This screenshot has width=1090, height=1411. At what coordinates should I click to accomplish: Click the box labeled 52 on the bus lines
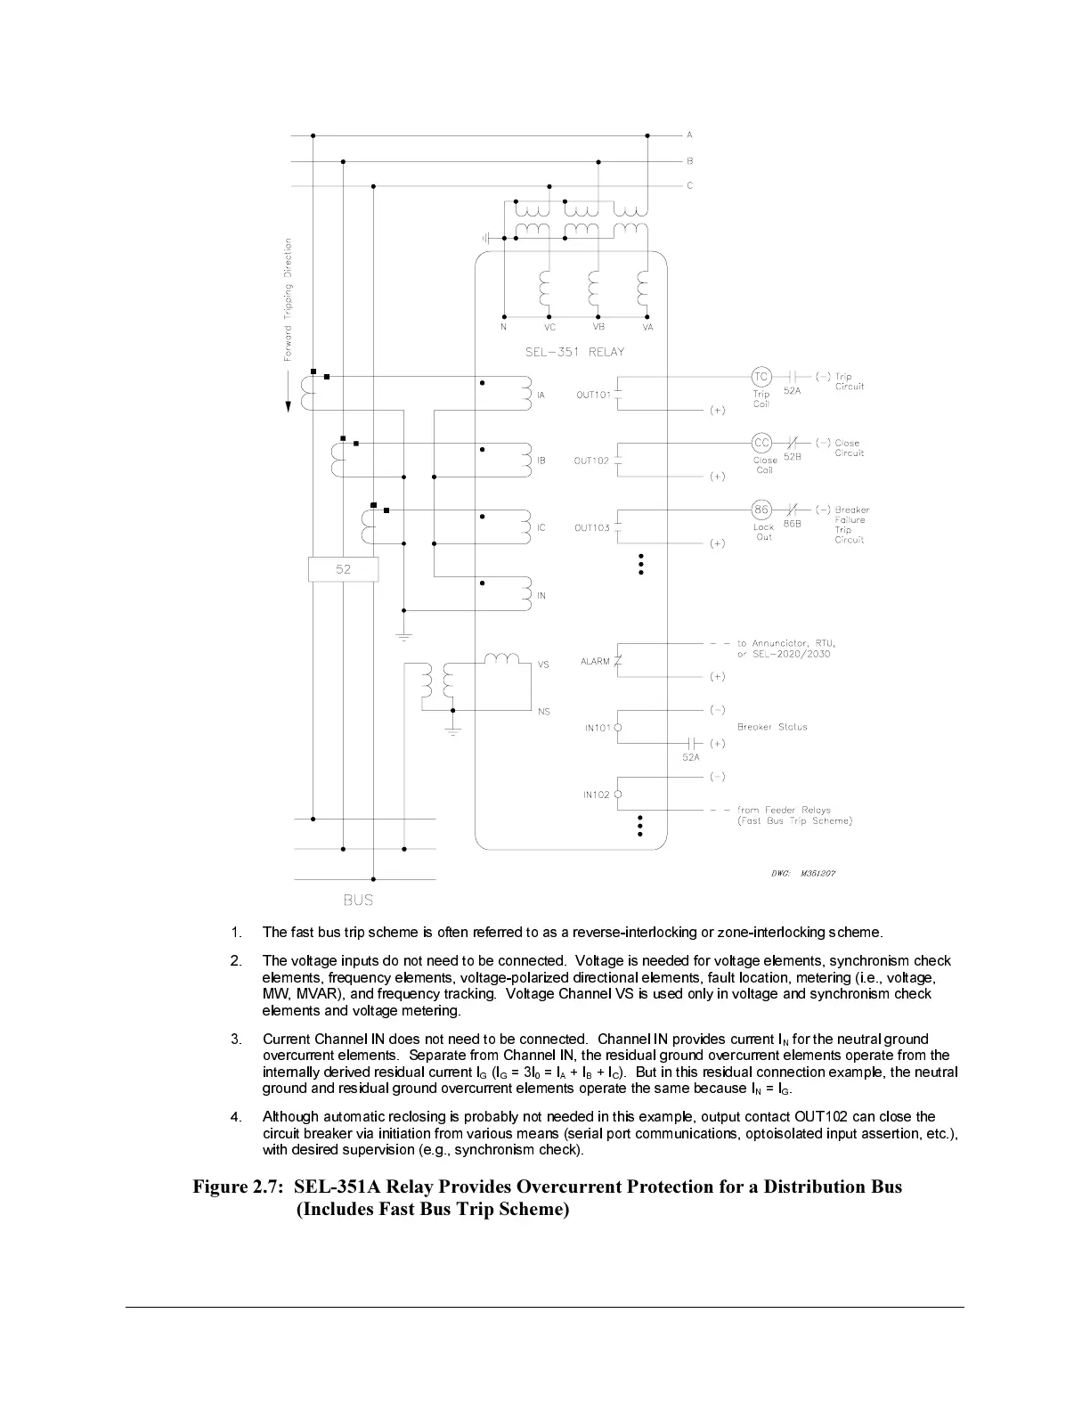pos(344,569)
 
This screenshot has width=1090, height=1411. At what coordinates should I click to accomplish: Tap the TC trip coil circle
pos(761,376)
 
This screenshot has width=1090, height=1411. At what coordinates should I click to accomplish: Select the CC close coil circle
pos(761,443)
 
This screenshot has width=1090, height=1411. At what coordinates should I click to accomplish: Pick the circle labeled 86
pos(761,510)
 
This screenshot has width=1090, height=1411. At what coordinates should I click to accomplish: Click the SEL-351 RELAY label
pos(574,352)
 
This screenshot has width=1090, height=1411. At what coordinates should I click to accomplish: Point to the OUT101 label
pos(593,395)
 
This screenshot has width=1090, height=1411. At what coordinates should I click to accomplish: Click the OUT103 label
pos(592,528)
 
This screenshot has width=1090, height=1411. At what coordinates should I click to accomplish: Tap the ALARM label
pos(595,662)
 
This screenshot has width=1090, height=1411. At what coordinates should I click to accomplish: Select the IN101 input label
pos(598,729)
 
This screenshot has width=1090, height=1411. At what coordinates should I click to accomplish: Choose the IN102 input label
pos(597,795)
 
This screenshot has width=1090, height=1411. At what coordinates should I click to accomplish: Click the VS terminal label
pos(543,665)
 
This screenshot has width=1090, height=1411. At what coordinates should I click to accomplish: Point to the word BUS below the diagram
pos(358,901)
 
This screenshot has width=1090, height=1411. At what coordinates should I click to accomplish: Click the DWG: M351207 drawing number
pos(802,873)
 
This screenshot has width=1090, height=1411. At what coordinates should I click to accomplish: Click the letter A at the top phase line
pos(689,135)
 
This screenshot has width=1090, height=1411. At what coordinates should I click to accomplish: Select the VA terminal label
pos(647,328)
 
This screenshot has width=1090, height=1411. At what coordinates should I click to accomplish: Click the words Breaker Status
pos(772,727)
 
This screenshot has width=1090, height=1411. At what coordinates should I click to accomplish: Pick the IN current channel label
pos(541,596)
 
